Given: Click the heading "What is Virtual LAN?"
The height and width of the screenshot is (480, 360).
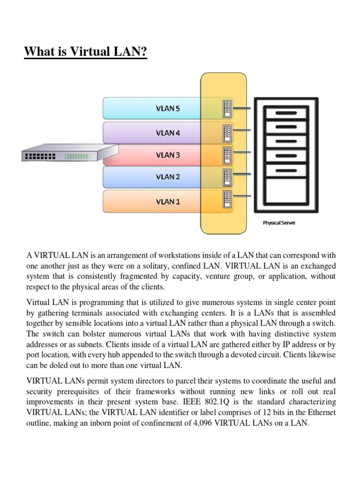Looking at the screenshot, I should (x=85, y=52).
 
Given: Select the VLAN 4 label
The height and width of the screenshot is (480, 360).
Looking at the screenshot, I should (x=167, y=133).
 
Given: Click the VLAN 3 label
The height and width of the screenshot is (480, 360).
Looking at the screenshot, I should (x=167, y=155).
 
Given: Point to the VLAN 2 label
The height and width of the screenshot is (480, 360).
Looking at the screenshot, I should (x=167, y=177).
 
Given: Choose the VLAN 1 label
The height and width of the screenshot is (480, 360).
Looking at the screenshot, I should (x=167, y=202).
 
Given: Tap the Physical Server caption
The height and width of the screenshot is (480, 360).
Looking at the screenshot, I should (x=279, y=223).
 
